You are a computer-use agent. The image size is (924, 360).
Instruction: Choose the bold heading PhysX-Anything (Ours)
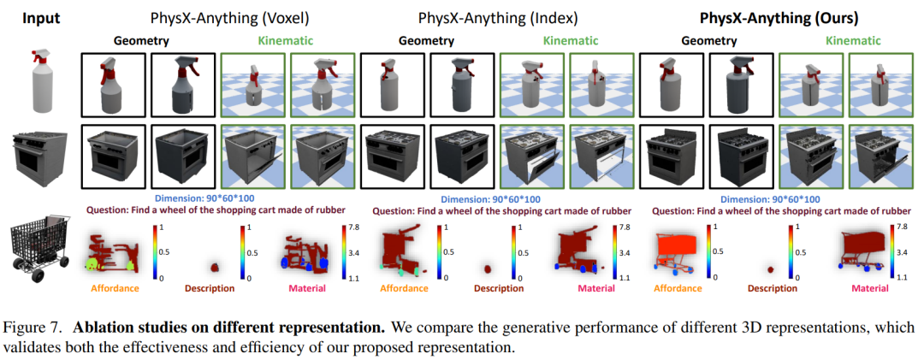click(x=779, y=18)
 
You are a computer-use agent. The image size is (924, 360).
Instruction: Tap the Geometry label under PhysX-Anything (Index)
click(x=427, y=41)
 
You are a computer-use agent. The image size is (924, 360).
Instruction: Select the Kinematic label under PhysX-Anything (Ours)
click(x=853, y=41)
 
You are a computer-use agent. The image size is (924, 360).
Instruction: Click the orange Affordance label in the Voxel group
click(x=115, y=289)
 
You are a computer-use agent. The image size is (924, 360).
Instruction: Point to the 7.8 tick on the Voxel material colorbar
click(x=355, y=227)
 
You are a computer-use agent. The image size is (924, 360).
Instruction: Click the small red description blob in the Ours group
click(x=771, y=270)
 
